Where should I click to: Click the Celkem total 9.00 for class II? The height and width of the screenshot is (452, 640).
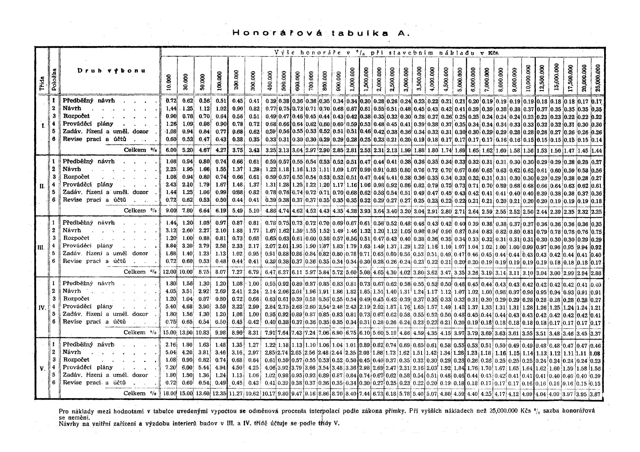[x=171, y=211]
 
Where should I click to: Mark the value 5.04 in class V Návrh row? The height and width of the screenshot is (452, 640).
[x=171, y=352]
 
